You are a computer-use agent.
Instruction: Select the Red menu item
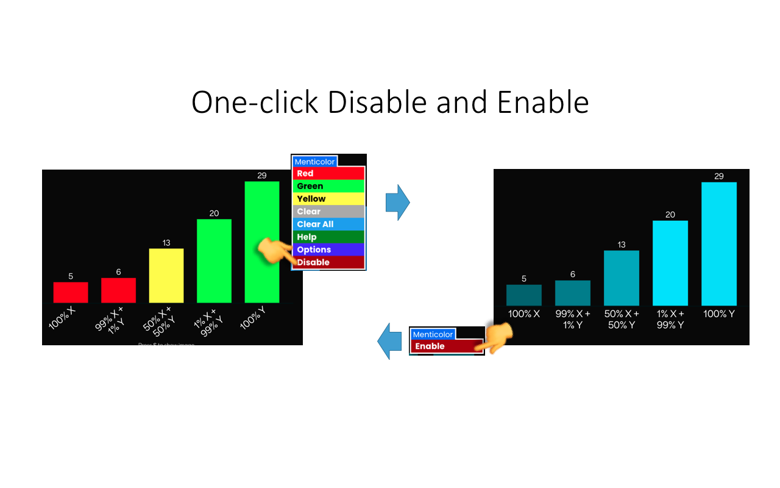point(328,173)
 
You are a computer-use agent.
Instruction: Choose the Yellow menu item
point(328,199)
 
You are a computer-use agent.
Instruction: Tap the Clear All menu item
point(328,224)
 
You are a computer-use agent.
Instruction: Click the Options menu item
point(328,249)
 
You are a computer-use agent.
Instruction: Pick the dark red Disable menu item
point(328,262)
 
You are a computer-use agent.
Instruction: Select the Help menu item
point(328,237)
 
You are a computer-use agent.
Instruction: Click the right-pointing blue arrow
point(398,202)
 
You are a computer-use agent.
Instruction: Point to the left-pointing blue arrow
point(389,342)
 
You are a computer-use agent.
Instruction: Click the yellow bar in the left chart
point(166,275)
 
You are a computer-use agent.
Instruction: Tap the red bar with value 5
point(71,292)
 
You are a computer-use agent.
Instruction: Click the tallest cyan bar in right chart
point(719,243)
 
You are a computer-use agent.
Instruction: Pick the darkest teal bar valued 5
point(524,295)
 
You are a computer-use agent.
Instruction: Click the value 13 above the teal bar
point(622,245)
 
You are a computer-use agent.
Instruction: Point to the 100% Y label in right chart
point(719,314)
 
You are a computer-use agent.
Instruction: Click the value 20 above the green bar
point(214,213)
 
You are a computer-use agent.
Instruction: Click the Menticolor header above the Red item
point(314,162)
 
